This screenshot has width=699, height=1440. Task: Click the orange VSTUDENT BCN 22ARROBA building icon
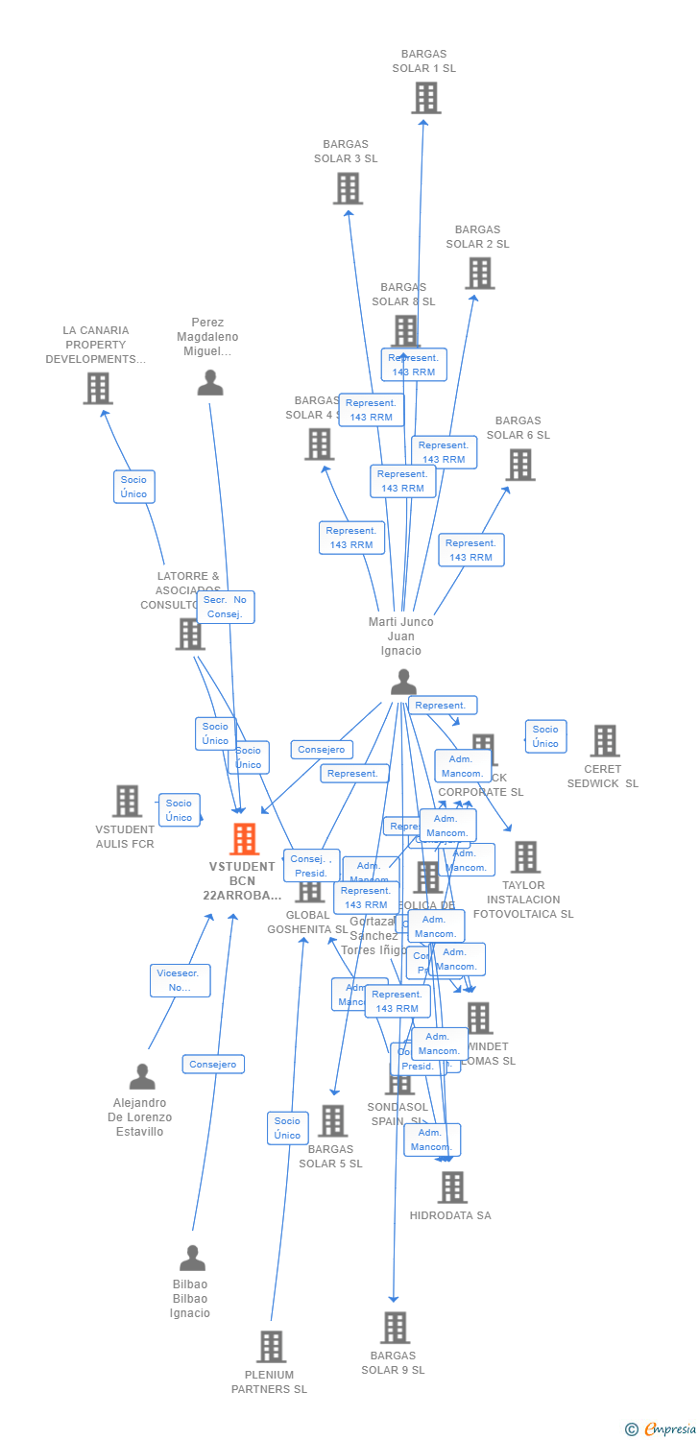(x=245, y=839)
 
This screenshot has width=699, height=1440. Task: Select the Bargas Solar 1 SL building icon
(x=425, y=98)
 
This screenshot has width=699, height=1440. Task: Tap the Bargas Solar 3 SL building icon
(x=348, y=188)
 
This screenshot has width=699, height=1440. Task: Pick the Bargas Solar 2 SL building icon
(x=479, y=274)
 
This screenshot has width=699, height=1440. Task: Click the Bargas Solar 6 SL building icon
(x=519, y=465)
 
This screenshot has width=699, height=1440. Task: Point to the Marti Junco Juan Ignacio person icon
(x=403, y=682)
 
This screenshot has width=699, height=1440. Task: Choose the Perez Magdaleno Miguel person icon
(x=209, y=383)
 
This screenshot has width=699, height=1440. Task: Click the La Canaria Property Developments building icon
(x=98, y=389)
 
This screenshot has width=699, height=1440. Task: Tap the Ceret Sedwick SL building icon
(x=604, y=741)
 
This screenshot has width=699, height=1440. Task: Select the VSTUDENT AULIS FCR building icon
(x=127, y=801)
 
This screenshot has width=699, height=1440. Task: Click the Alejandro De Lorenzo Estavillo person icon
(x=142, y=1077)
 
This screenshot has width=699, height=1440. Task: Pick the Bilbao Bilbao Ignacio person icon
(x=192, y=1258)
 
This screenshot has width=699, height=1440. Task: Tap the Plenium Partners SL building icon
(x=271, y=1346)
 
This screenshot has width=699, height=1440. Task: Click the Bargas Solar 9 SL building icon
(x=395, y=1328)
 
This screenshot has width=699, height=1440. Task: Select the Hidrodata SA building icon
(x=451, y=1188)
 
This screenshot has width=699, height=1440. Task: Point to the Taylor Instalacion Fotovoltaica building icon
(x=525, y=857)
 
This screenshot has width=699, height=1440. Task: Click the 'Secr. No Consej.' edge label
(x=226, y=607)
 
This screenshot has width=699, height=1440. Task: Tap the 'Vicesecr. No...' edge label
(x=180, y=980)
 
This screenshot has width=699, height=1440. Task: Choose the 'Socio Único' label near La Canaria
(x=133, y=487)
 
